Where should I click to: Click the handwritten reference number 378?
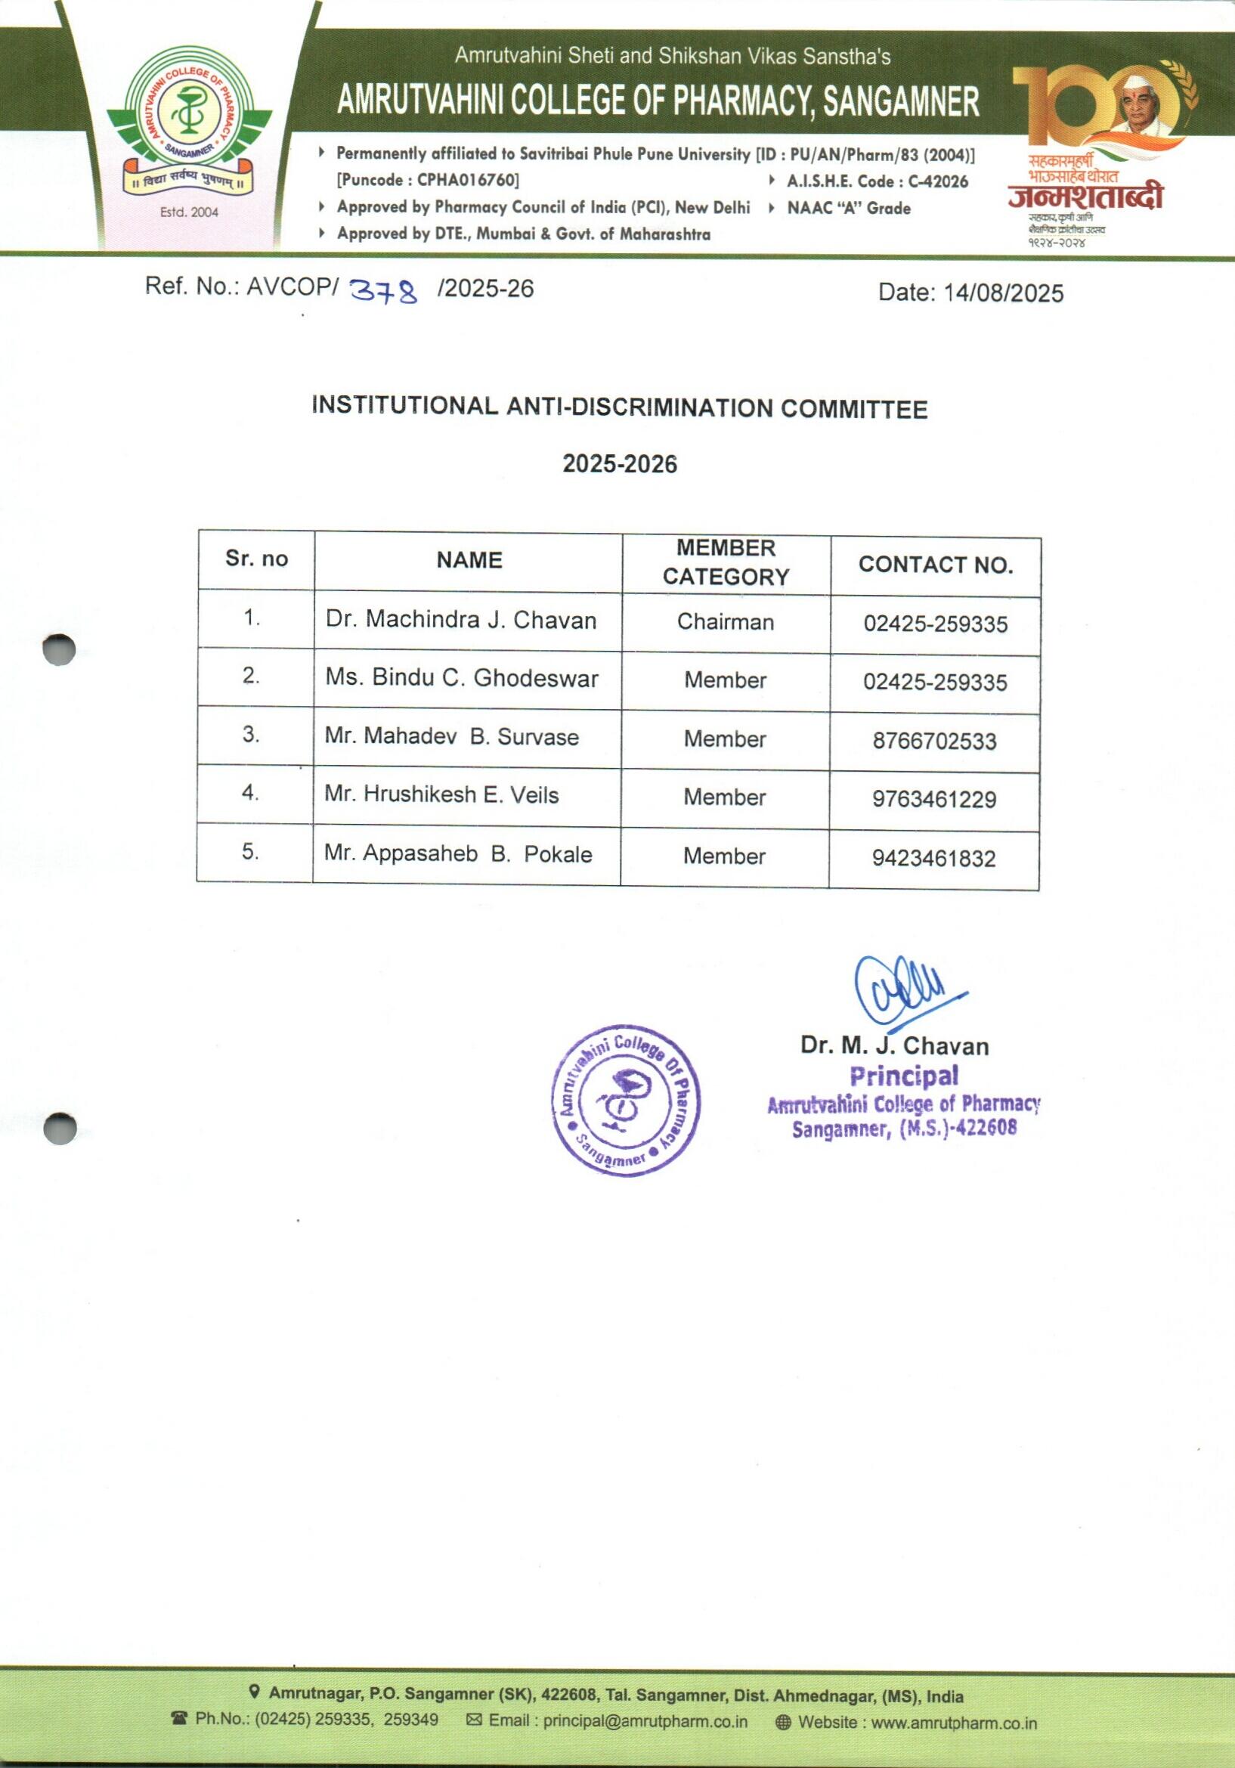(383, 291)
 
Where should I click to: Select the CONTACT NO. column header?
(936, 565)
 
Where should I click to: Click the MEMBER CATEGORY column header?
(726, 562)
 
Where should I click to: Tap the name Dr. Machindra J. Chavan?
(460, 620)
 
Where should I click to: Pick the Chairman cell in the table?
(726, 622)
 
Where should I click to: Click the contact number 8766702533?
(934, 742)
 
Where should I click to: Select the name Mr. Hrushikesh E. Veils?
(441, 794)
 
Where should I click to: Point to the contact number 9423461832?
(933, 859)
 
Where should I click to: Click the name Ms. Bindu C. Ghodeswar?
(461, 678)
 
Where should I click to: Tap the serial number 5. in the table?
(250, 852)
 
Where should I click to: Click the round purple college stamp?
(626, 1101)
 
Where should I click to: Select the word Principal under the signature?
(904, 1076)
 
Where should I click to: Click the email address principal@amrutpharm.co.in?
(645, 1722)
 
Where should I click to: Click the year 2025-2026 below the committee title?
(619, 464)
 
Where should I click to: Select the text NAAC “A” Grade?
(849, 208)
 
